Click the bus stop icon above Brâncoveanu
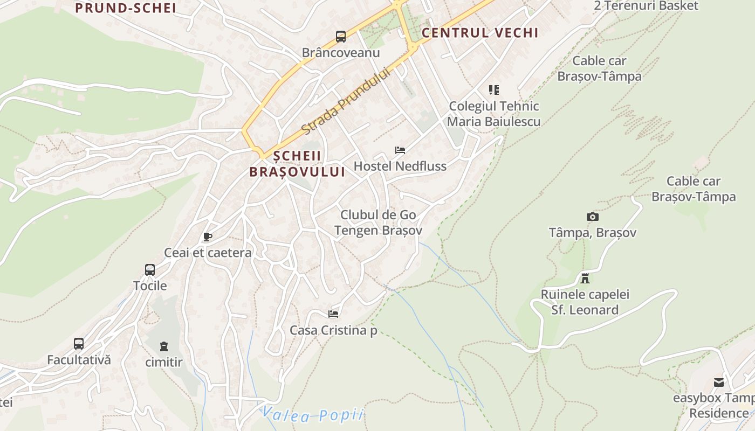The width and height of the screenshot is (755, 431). tap(341, 37)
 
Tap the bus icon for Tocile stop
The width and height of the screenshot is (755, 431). tap(150, 270)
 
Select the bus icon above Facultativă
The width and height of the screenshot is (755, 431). tap(79, 344)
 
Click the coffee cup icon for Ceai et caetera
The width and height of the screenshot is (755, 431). tap(208, 237)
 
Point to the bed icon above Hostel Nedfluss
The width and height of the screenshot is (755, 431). tap(400, 150)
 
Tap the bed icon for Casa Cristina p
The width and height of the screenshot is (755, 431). tap(333, 314)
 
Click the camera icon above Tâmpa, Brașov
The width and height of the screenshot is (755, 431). tap(593, 217)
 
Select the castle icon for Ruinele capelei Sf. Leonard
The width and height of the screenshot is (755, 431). tap(585, 279)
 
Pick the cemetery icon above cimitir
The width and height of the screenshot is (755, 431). tap(164, 346)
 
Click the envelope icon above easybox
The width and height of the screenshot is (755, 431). tap(719, 383)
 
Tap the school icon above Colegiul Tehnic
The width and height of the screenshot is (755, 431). tap(494, 90)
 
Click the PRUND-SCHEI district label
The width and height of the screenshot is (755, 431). tap(126, 8)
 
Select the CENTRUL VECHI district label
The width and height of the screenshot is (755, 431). tap(479, 33)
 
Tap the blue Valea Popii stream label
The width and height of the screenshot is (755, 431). tap(313, 415)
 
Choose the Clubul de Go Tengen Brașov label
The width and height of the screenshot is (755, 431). tap(378, 223)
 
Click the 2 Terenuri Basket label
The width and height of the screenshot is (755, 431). tap(646, 6)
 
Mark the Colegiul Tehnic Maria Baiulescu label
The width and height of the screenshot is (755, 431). tap(493, 114)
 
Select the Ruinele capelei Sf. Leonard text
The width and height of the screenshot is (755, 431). tap(585, 302)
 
